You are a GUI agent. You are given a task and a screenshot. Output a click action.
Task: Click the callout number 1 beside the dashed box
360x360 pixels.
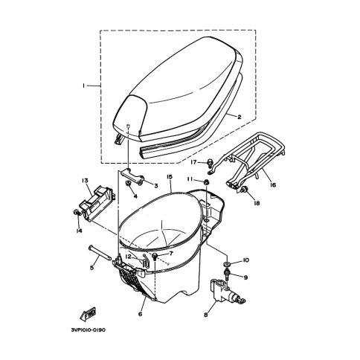point(84,86)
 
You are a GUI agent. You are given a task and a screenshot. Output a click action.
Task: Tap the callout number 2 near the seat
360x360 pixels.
point(239,117)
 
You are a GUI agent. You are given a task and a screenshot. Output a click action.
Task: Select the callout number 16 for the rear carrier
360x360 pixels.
point(273,185)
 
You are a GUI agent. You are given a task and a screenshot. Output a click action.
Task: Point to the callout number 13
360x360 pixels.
point(85,180)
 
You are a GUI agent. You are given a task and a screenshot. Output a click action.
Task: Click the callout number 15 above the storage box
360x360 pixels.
point(170,176)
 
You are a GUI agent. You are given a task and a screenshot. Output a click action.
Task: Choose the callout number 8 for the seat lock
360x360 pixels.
point(206,315)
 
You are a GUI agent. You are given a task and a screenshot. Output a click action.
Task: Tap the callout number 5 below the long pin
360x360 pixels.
point(92,268)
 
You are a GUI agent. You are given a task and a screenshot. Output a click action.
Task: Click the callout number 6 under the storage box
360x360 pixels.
point(141,314)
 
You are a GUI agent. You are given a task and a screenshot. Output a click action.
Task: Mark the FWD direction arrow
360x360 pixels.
point(88,314)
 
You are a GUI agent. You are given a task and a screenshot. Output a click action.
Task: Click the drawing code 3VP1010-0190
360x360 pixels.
point(89,330)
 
